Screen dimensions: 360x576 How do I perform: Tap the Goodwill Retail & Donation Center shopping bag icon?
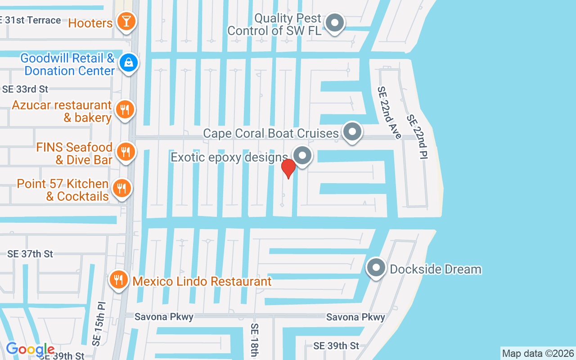(x=129, y=63)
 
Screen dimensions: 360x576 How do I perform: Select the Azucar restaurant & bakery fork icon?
(x=125, y=109)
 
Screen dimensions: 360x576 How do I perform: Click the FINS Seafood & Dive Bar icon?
(x=126, y=152)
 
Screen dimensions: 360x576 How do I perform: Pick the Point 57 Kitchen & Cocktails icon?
(x=121, y=189)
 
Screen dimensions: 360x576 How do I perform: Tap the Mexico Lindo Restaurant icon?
(x=118, y=280)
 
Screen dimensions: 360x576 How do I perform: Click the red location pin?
(x=288, y=168)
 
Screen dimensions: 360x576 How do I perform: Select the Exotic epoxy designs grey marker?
(x=302, y=156)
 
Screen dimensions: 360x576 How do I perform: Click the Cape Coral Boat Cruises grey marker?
(x=352, y=132)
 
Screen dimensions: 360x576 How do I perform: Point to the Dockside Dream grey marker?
(x=376, y=268)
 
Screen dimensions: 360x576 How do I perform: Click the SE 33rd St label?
(x=25, y=89)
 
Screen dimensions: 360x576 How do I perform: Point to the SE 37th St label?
(x=30, y=254)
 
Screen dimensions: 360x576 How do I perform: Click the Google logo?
(x=30, y=349)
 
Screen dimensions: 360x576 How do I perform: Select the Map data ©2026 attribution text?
(x=538, y=353)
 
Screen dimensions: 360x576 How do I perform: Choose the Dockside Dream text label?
(x=436, y=269)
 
